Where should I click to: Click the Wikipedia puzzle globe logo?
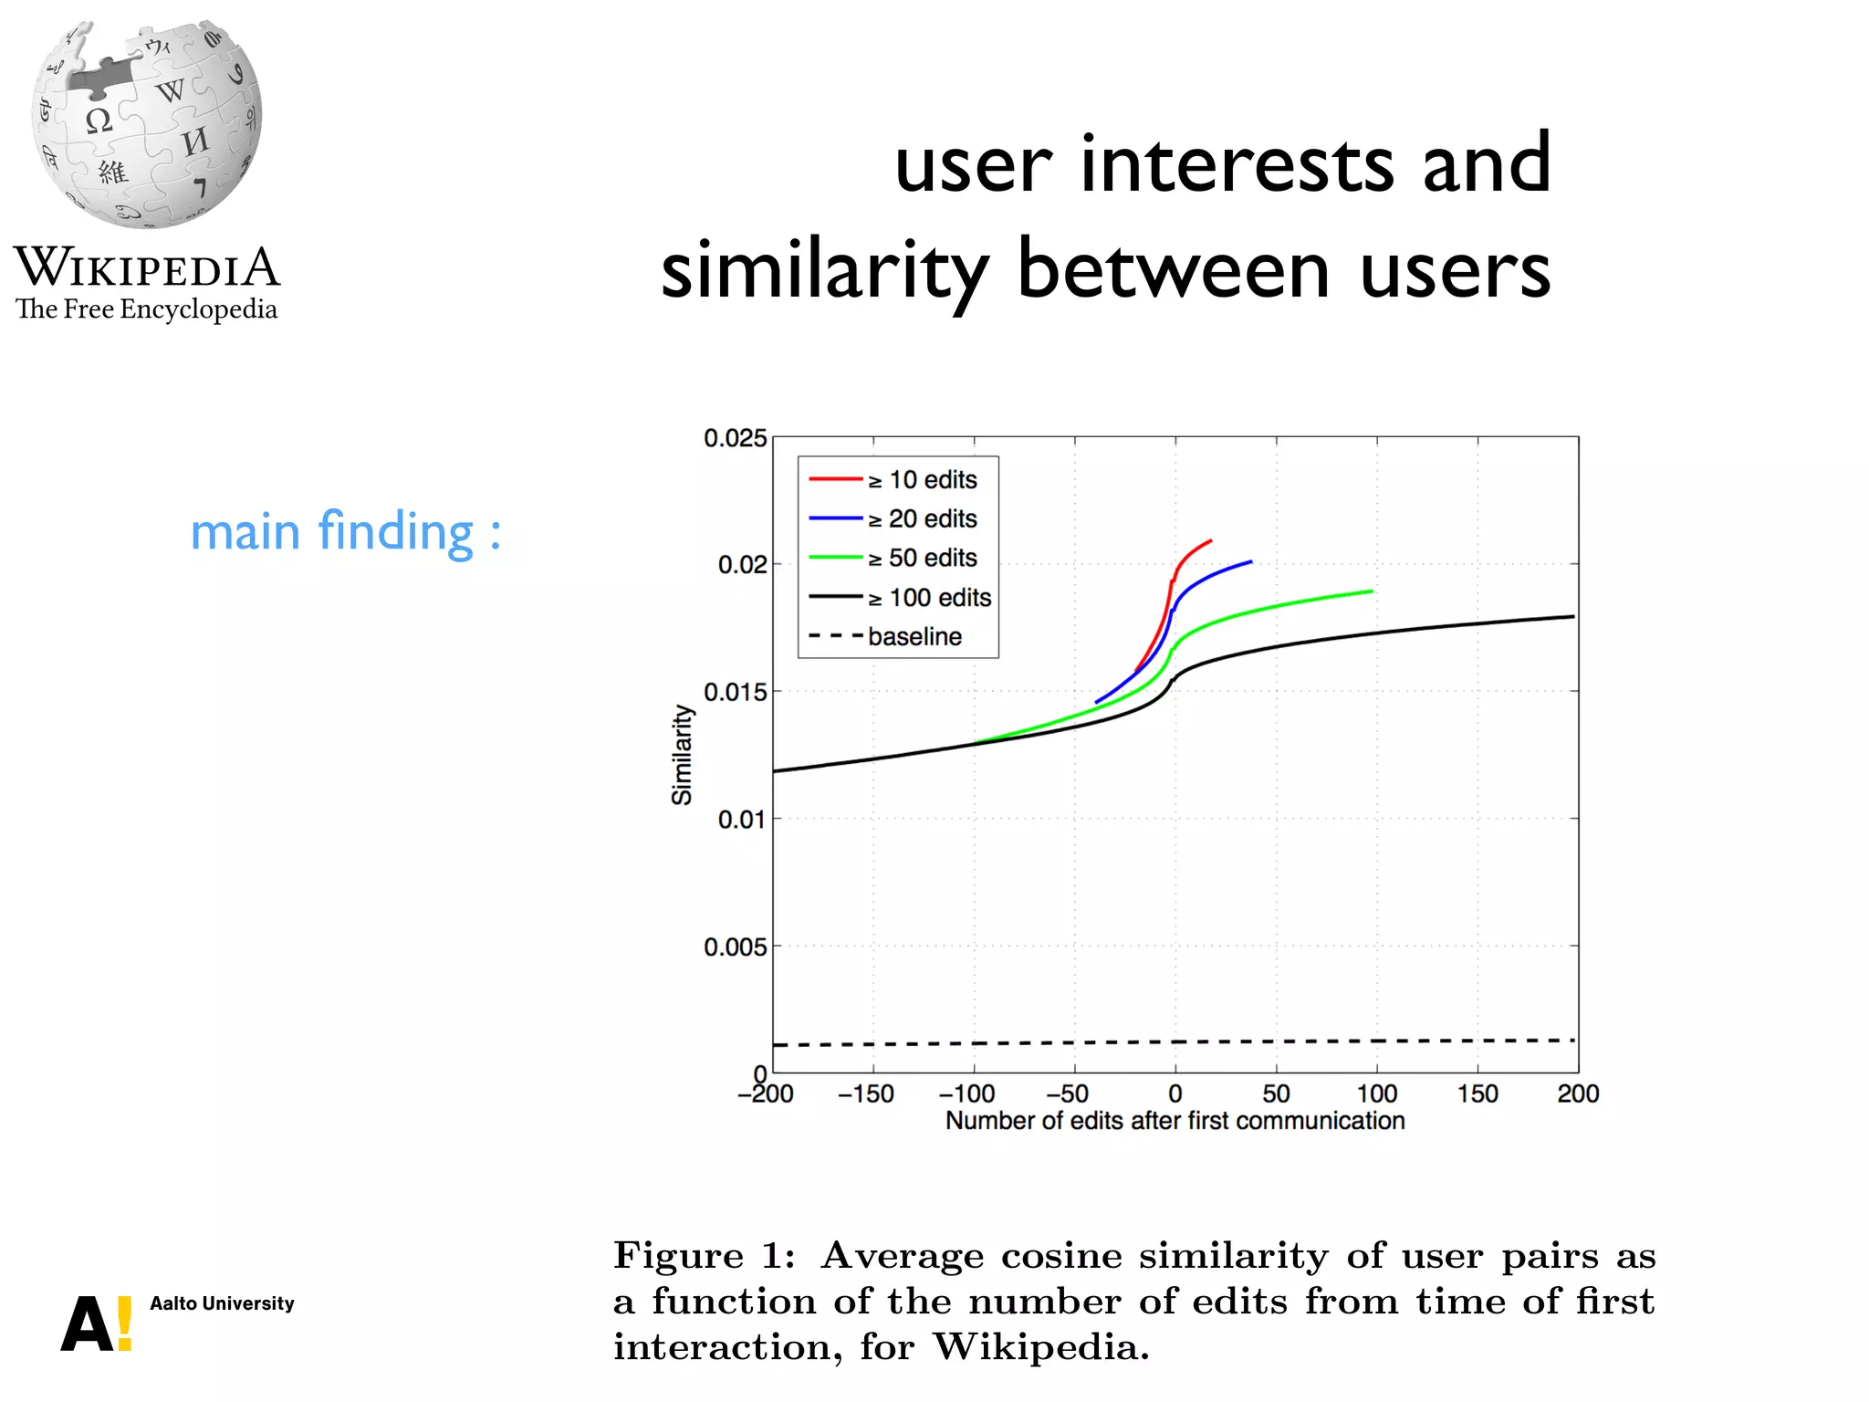click(x=146, y=123)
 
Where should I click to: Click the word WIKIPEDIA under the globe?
click(x=146, y=267)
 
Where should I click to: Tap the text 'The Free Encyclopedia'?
click(x=146, y=309)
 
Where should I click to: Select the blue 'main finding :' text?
click(x=345, y=532)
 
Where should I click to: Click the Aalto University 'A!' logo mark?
click(x=97, y=1323)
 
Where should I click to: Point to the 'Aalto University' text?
click(x=222, y=1303)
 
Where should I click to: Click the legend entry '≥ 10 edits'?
click(x=922, y=480)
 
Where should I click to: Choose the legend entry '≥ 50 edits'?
click(x=922, y=558)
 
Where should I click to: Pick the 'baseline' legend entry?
click(x=914, y=636)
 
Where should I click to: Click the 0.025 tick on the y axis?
click(x=735, y=438)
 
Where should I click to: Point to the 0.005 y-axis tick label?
click(x=735, y=947)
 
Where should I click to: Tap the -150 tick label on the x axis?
click(x=865, y=1093)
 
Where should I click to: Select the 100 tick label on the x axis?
click(x=1376, y=1093)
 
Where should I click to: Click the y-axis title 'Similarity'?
click(x=682, y=755)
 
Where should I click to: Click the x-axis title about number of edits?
click(x=1175, y=1121)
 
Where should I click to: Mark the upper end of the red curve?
click(x=1210, y=541)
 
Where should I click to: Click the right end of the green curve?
click(x=1371, y=591)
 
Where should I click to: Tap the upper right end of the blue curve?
click(x=1249, y=562)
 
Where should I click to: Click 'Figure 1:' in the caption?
click(x=704, y=1256)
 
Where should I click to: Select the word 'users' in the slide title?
click(x=1455, y=271)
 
